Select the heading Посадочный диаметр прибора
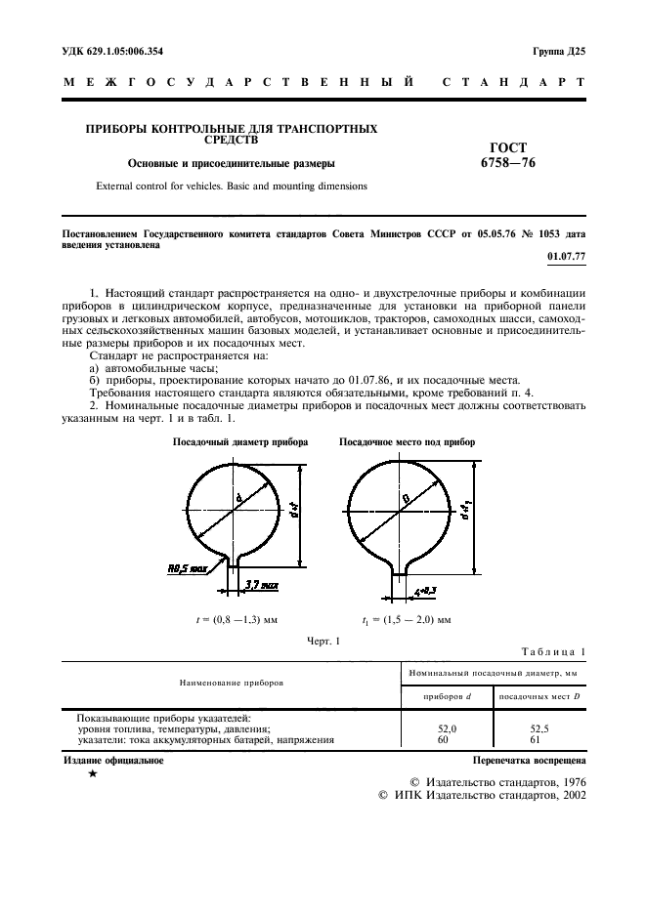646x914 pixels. click(x=240, y=442)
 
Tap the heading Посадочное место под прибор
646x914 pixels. click(x=407, y=442)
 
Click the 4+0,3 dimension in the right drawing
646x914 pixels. click(x=428, y=592)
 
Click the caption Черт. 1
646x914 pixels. click(x=323, y=642)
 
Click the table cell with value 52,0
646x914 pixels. click(x=445, y=728)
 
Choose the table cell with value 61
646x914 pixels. click(x=540, y=739)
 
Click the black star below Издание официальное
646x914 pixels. click(x=92, y=774)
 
